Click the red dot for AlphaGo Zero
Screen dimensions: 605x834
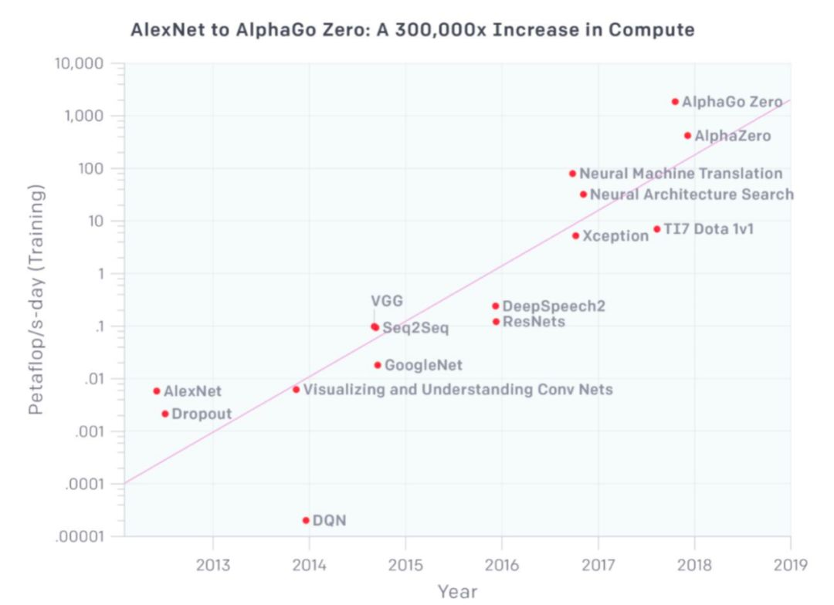click(675, 101)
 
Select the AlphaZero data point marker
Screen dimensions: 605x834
click(687, 135)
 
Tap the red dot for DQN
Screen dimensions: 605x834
click(306, 520)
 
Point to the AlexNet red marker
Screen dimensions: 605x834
click(157, 391)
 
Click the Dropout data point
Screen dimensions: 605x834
click(164, 414)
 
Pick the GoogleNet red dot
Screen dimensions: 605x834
click(378, 365)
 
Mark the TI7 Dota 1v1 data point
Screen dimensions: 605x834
click(657, 228)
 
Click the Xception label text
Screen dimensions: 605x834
click(615, 236)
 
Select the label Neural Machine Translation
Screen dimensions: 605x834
click(680, 174)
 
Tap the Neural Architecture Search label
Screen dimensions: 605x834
click(691, 194)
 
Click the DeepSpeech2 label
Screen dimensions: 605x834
click(554, 306)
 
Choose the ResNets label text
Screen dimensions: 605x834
click(534, 321)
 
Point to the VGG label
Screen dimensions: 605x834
click(387, 301)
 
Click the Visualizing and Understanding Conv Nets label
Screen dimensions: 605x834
click(457, 390)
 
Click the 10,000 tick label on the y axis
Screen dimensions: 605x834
click(79, 63)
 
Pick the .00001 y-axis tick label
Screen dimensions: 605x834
click(81, 536)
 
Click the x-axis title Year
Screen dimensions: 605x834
click(457, 592)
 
